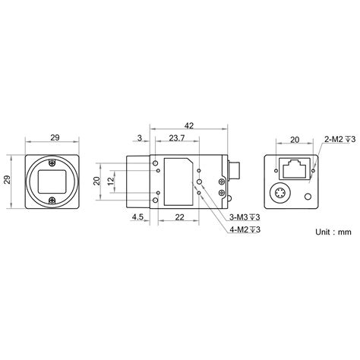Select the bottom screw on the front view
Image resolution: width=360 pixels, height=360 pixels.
click(x=52, y=201)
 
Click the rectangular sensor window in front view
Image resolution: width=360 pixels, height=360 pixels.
click(x=52, y=181)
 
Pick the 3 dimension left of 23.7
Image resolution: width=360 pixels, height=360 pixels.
click(x=141, y=138)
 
